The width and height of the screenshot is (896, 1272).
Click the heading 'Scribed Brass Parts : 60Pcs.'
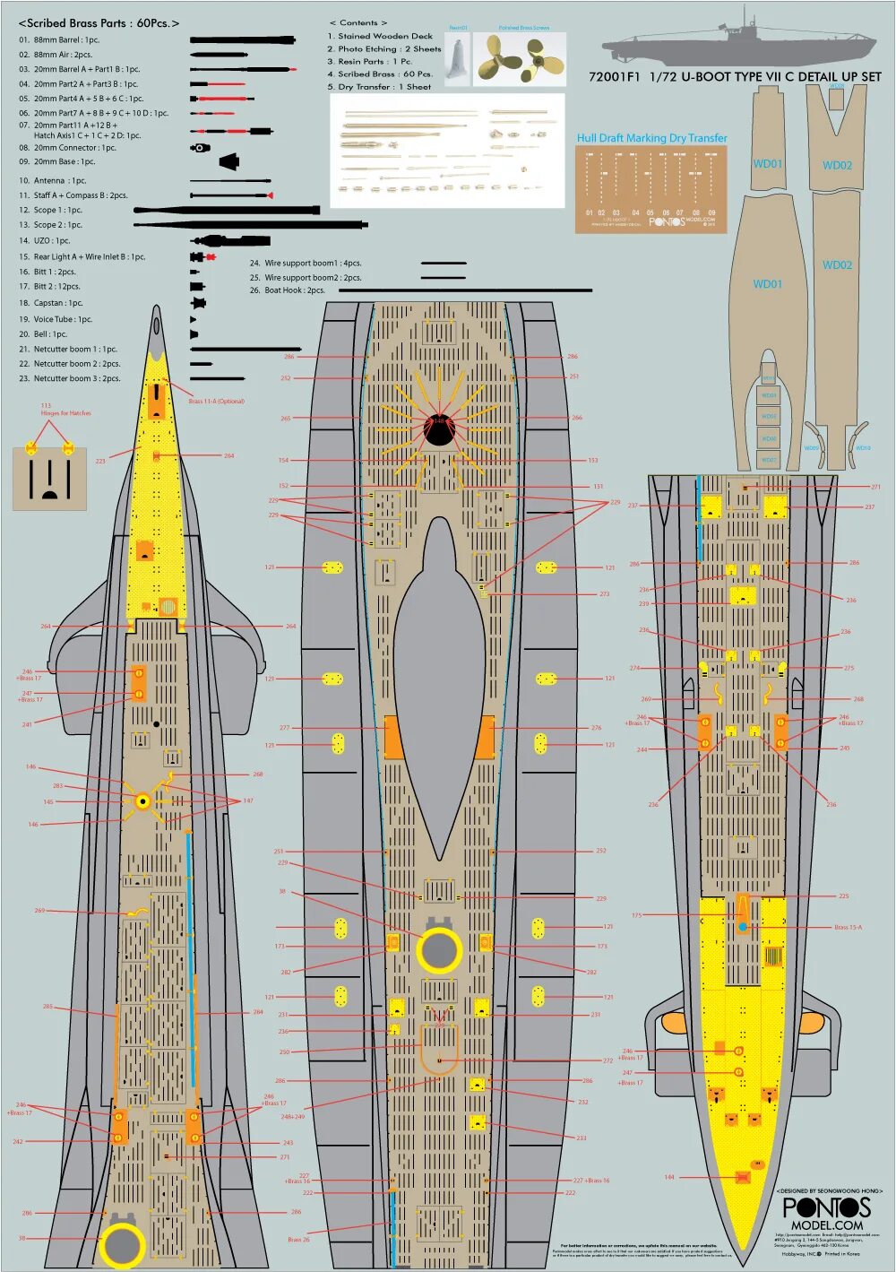click(x=99, y=22)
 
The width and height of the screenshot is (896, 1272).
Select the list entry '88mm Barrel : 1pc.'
click(x=59, y=40)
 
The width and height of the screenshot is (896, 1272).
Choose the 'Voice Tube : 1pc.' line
click(x=56, y=319)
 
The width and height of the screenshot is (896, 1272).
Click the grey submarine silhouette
click(x=741, y=44)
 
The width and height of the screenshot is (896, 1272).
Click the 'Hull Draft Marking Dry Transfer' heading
click(x=651, y=138)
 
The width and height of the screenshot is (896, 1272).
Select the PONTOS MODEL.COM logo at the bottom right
click(x=827, y=1213)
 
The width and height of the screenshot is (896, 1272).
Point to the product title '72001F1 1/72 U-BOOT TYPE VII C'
click(x=735, y=77)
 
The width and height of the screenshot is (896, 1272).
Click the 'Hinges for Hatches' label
click(x=53, y=413)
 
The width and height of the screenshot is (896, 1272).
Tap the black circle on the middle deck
click(x=438, y=431)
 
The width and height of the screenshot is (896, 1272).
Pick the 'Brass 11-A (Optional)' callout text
click(x=216, y=402)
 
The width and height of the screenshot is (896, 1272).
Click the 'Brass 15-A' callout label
click(x=848, y=928)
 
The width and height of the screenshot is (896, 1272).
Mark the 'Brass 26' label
click(x=298, y=1240)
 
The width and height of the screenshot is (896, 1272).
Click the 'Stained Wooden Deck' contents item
click(x=380, y=36)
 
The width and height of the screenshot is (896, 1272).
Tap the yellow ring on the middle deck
click(x=439, y=950)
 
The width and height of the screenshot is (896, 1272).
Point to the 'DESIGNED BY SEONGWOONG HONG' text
click(x=829, y=1191)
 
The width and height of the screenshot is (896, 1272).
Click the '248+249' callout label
click(x=293, y=1117)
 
